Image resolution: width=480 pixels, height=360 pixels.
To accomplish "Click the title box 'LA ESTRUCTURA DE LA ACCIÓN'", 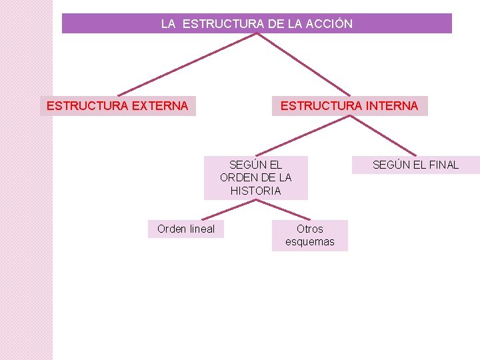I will (x=257, y=24).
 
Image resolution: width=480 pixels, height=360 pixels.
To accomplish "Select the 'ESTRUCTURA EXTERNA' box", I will (x=118, y=106).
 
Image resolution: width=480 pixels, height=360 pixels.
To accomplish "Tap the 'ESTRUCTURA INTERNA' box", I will (x=349, y=106).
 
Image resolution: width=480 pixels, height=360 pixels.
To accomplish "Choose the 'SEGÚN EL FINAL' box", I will (x=415, y=165).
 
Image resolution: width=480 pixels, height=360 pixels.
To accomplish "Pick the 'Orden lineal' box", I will (x=186, y=229).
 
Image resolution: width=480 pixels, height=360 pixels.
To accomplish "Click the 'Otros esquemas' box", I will (x=309, y=235).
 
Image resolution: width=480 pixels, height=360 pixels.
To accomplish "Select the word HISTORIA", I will (x=256, y=191).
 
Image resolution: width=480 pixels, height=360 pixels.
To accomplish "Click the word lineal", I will (x=202, y=229).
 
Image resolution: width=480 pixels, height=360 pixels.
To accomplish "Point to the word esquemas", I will (x=310, y=242).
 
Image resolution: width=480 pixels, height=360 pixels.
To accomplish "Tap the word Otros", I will (x=310, y=229).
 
